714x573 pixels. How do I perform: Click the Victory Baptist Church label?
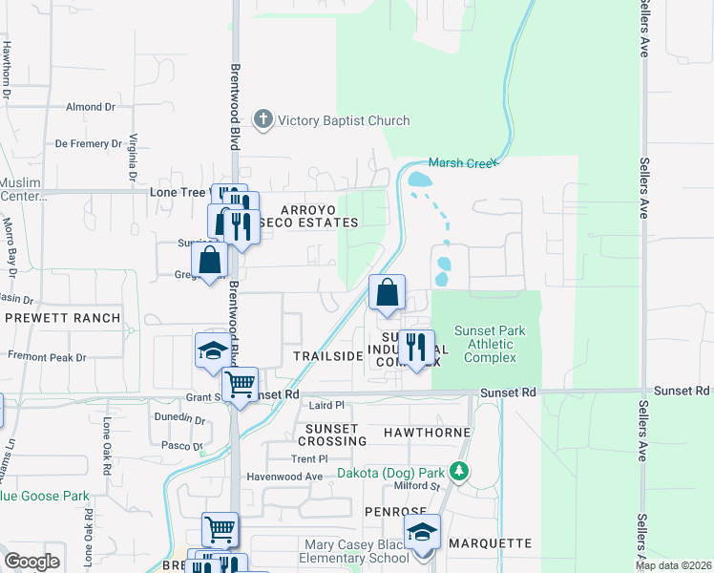(x=343, y=120)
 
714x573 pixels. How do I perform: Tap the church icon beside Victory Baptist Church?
(x=262, y=120)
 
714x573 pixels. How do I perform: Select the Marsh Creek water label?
(x=463, y=163)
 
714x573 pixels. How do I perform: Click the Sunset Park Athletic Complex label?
(x=490, y=344)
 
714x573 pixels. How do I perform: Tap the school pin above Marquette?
(x=421, y=534)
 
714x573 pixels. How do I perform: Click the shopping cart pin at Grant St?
(x=241, y=385)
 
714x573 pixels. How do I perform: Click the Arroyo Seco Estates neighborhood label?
(x=319, y=215)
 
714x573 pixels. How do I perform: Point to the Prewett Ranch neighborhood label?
(x=63, y=318)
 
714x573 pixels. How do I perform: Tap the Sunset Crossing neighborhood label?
(x=331, y=435)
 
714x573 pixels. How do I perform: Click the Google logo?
(x=31, y=562)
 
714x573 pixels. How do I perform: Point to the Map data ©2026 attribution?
(x=673, y=565)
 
